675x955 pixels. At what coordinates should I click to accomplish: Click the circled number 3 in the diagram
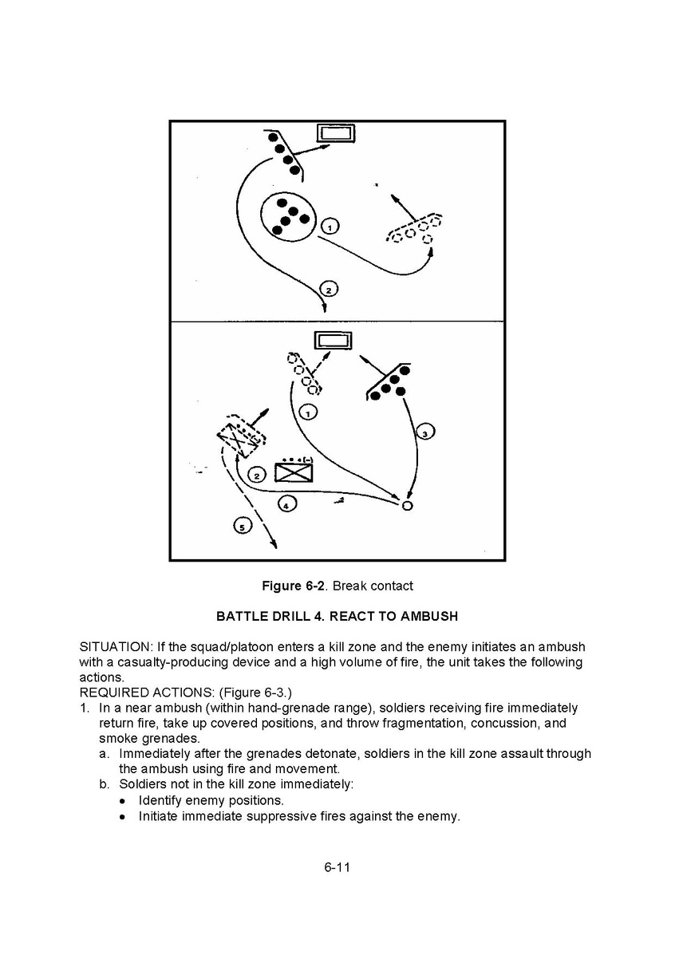425,432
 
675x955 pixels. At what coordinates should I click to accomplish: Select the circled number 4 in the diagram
287,503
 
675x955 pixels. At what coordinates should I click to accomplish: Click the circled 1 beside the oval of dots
330,227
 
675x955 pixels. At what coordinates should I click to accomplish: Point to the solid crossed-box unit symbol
293,472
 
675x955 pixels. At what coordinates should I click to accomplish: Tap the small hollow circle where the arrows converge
407,506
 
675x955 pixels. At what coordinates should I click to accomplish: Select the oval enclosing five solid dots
289,215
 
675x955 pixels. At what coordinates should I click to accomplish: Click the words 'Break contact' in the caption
373,586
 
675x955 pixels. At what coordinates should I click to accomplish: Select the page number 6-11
337,867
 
